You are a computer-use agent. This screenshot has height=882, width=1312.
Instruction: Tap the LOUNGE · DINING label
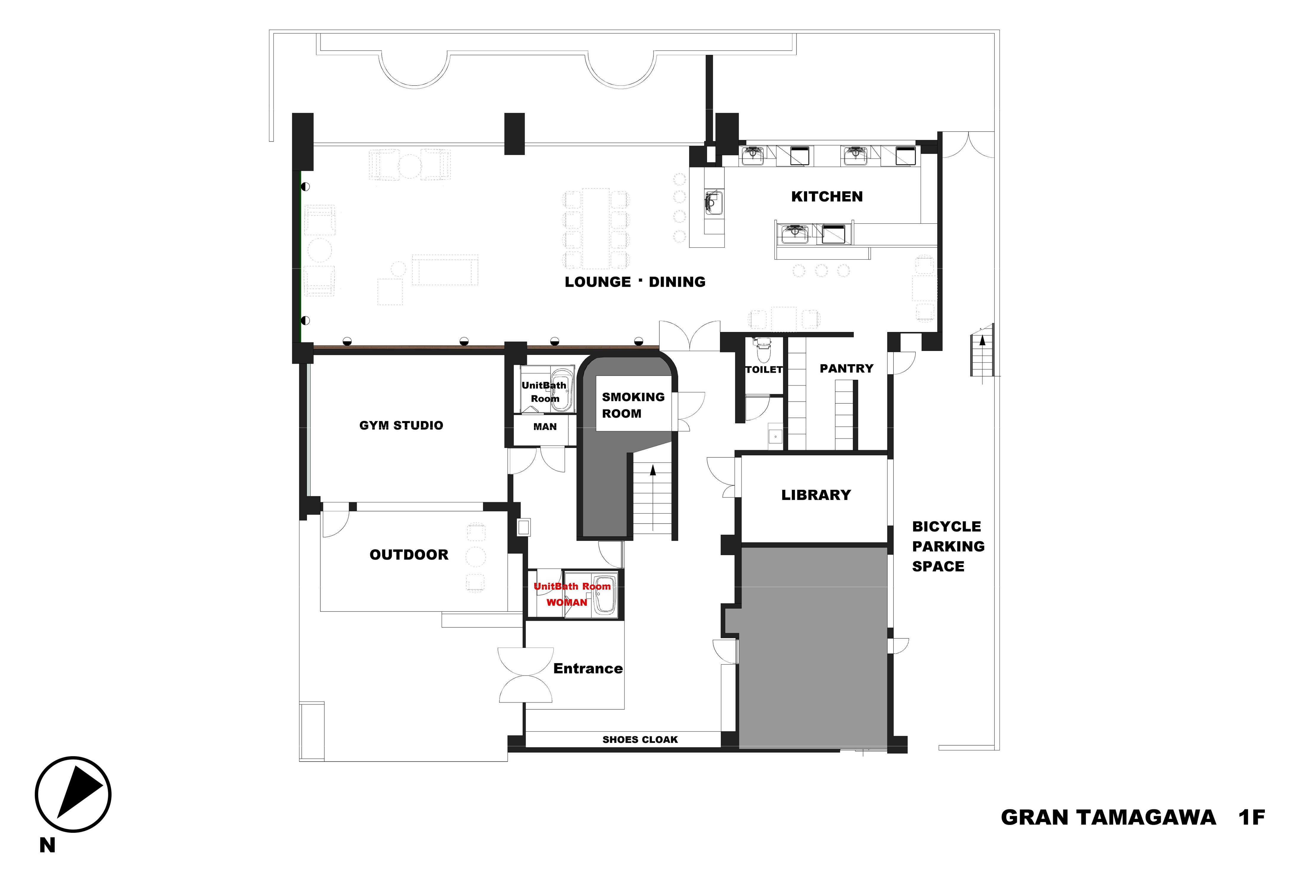click(x=635, y=282)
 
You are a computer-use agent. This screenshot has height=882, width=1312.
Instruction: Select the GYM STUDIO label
click(x=401, y=425)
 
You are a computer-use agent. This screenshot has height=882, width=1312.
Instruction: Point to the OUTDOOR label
click(x=409, y=555)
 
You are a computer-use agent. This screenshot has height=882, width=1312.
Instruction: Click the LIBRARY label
click(x=816, y=495)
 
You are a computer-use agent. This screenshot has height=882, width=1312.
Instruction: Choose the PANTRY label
click(x=846, y=368)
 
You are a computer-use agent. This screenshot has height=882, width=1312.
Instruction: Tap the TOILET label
click(x=764, y=370)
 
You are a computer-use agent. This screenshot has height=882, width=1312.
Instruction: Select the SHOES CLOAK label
click(x=640, y=740)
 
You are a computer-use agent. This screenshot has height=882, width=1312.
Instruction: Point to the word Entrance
click(x=588, y=668)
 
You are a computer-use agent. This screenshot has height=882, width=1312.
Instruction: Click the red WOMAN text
click(x=567, y=603)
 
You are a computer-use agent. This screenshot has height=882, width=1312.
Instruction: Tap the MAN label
click(x=545, y=427)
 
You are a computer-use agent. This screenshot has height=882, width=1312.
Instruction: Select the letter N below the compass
click(x=47, y=846)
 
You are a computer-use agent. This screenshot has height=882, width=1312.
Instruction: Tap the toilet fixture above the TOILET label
click(x=763, y=350)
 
